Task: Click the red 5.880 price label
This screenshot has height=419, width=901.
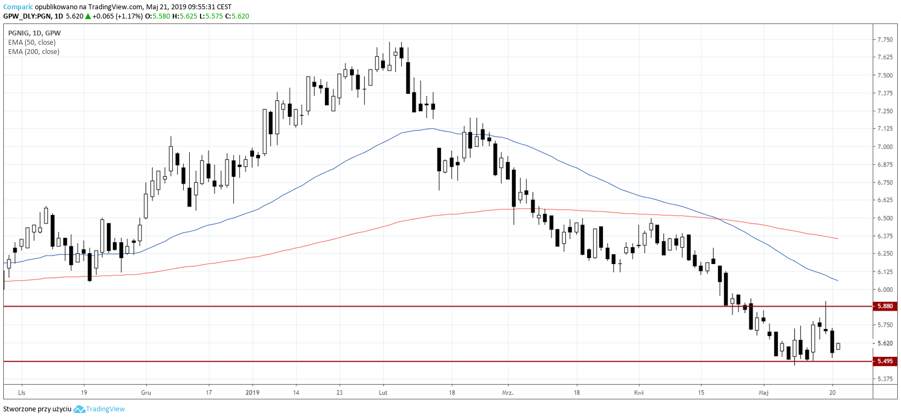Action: click(x=884, y=306)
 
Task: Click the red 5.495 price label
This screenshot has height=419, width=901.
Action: click(x=884, y=361)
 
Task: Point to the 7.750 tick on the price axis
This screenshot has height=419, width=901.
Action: click(x=885, y=40)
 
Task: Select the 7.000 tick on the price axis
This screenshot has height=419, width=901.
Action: click(x=885, y=147)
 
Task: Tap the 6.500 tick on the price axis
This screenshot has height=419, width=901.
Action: click(x=885, y=218)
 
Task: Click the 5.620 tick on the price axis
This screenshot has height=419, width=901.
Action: click(x=885, y=343)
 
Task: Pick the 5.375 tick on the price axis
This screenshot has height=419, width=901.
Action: click(x=885, y=379)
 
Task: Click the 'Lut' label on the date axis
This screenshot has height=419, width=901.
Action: click(x=383, y=392)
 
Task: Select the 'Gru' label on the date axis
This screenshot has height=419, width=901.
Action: click(x=146, y=392)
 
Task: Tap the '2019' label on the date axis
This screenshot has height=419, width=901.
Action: click(x=252, y=392)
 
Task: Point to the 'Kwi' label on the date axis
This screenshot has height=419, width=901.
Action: click(x=639, y=392)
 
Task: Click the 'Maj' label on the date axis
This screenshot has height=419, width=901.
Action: click(x=764, y=392)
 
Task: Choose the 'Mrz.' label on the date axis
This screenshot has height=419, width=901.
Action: click(x=507, y=392)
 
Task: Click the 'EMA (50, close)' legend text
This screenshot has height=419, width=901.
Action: click(x=32, y=43)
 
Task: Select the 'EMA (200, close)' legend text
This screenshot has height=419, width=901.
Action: click(x=34, y=52)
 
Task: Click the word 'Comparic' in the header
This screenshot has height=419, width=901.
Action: click(x=18, y=7)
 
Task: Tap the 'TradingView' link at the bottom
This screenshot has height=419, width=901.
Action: click(x=105, y=409)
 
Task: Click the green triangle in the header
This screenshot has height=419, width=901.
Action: click(x=88, y=16)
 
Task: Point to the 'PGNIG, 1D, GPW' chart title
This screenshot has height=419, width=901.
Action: click(x=34, y=33)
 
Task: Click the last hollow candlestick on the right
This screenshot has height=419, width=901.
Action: click(x=838, y=346)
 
